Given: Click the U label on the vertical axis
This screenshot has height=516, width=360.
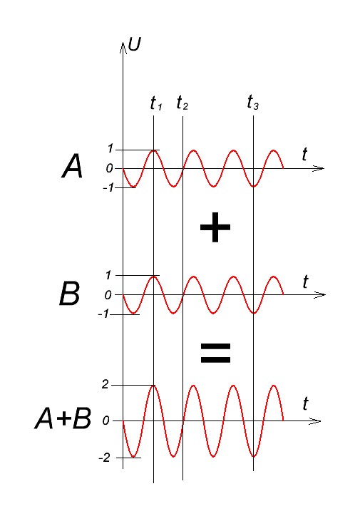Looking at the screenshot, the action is [134, 44].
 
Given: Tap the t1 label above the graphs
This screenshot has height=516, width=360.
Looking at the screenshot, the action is [156, 103].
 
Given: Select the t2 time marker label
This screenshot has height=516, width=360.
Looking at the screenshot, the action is [182, 103].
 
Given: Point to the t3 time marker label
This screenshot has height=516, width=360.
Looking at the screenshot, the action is [253, 102].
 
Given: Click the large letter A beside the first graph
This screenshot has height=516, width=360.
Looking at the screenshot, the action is [72, 167].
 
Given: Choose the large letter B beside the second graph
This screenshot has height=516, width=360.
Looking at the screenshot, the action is [69, 294].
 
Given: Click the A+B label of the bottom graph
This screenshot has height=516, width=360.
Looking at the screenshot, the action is [63, 418].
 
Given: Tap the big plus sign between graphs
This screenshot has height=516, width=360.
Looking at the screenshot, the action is [215, 227].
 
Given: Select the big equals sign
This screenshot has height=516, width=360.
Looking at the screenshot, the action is [215, 353].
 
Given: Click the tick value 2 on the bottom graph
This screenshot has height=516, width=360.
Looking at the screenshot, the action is [106, 383].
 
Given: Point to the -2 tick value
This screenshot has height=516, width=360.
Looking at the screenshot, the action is [104, 458].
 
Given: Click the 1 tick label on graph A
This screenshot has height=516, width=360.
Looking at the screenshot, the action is [110, 149].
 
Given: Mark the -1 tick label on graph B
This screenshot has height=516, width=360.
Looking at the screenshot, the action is [103, 314].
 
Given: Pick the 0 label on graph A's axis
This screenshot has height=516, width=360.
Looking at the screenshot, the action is [109, 168].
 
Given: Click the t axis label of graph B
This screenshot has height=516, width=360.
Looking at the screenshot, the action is [305, 282].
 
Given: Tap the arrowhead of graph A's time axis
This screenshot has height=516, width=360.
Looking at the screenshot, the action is [318, 168].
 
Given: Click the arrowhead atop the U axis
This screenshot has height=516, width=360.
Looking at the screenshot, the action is [123, 47].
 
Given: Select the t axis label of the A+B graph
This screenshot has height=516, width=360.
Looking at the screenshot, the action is [305, 403].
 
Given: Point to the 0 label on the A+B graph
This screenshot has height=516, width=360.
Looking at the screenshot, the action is [106, 420].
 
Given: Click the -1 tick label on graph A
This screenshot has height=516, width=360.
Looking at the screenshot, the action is [108, 187].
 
